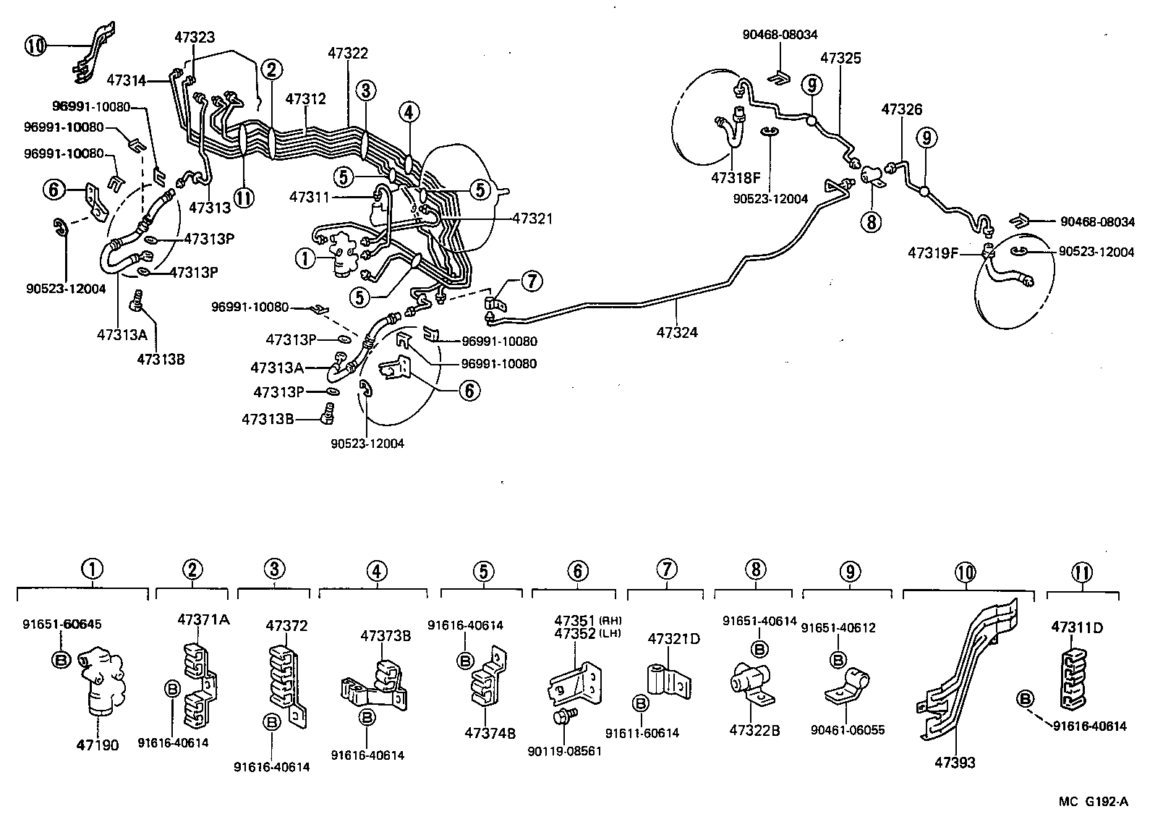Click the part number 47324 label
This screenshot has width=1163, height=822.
(677, 333)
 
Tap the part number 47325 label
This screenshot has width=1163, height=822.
(840, 59)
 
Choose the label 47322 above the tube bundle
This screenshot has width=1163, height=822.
(348, 54)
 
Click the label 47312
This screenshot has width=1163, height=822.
(305, 99)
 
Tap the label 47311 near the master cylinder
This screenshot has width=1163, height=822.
(310, 196)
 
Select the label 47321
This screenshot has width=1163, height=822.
(533, 218)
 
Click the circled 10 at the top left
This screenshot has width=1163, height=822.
(35, 46)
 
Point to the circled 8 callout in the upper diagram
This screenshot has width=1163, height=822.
(872, 222)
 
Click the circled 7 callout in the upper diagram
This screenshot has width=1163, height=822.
(531, 280)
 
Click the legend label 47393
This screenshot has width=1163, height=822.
(955, 762)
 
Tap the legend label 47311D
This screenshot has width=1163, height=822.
(1077, 627)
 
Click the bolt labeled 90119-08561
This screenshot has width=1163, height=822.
(563, 716)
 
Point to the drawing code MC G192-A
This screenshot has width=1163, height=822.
(1093, 801)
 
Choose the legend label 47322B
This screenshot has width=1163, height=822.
(754, 730)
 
